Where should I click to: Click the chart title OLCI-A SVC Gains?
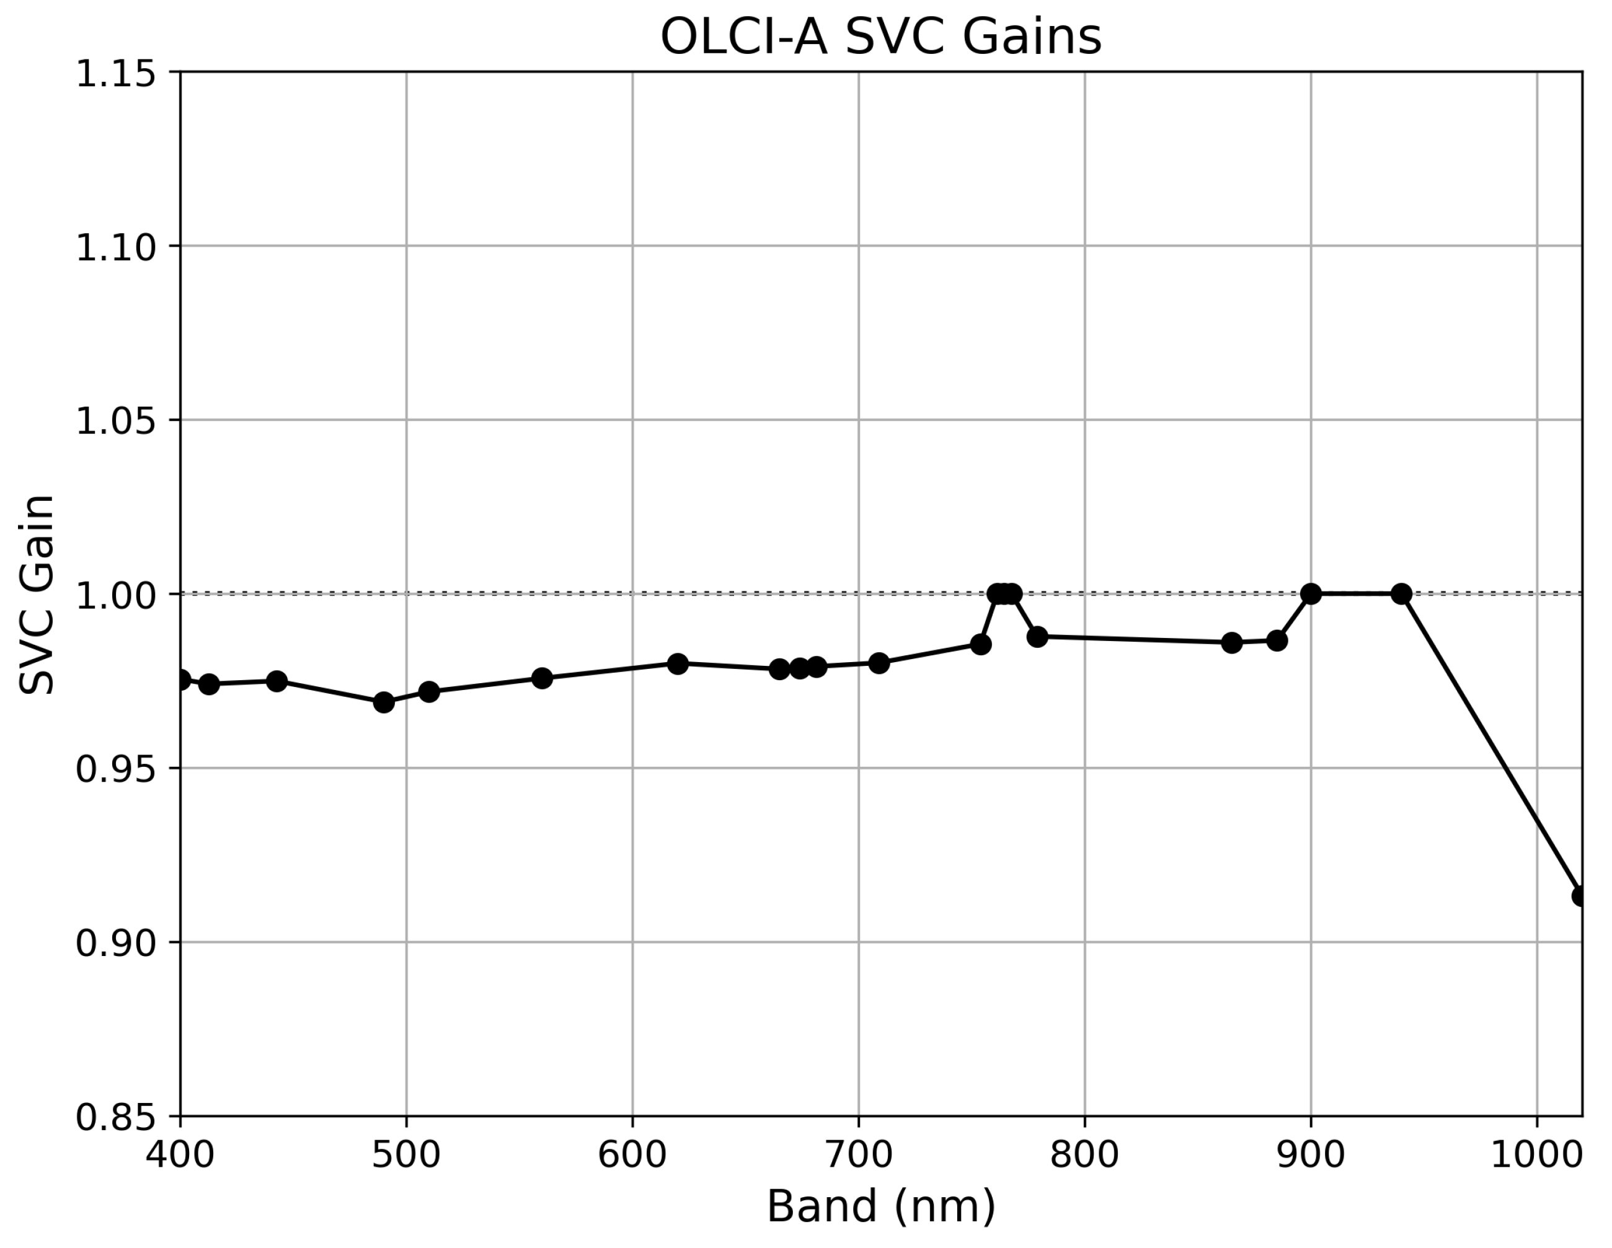(x=880, y=37)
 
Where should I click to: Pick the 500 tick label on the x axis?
(x=406, y=1155)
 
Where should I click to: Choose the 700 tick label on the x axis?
(x=859, y=1155)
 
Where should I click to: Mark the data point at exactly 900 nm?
(x=1311, y=593)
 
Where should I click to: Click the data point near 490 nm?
(x=384, y=702)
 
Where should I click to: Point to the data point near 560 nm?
(x=542, y=678)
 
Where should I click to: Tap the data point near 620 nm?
(x=678, y=663)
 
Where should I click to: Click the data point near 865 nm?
(x=1231, y=643)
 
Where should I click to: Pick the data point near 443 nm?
(x=277, y=681)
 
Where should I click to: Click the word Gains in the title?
(x=1031, y=37)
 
